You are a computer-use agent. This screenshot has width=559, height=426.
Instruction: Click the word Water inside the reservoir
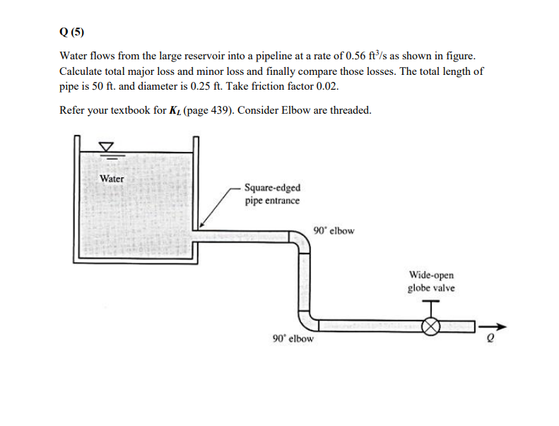(112, 179)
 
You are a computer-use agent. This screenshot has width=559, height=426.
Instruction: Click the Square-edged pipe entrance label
(271, 194)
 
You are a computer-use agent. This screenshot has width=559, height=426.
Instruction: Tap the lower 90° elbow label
(293, 338)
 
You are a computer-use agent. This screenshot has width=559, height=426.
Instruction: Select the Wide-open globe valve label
(430, 281)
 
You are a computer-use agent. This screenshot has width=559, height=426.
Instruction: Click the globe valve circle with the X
(430, 326)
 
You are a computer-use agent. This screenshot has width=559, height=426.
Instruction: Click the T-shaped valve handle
(430, 305)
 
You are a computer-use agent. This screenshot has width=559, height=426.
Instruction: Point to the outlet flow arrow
(493, 326)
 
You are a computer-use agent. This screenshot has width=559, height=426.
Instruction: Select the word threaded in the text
(350, 110)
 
